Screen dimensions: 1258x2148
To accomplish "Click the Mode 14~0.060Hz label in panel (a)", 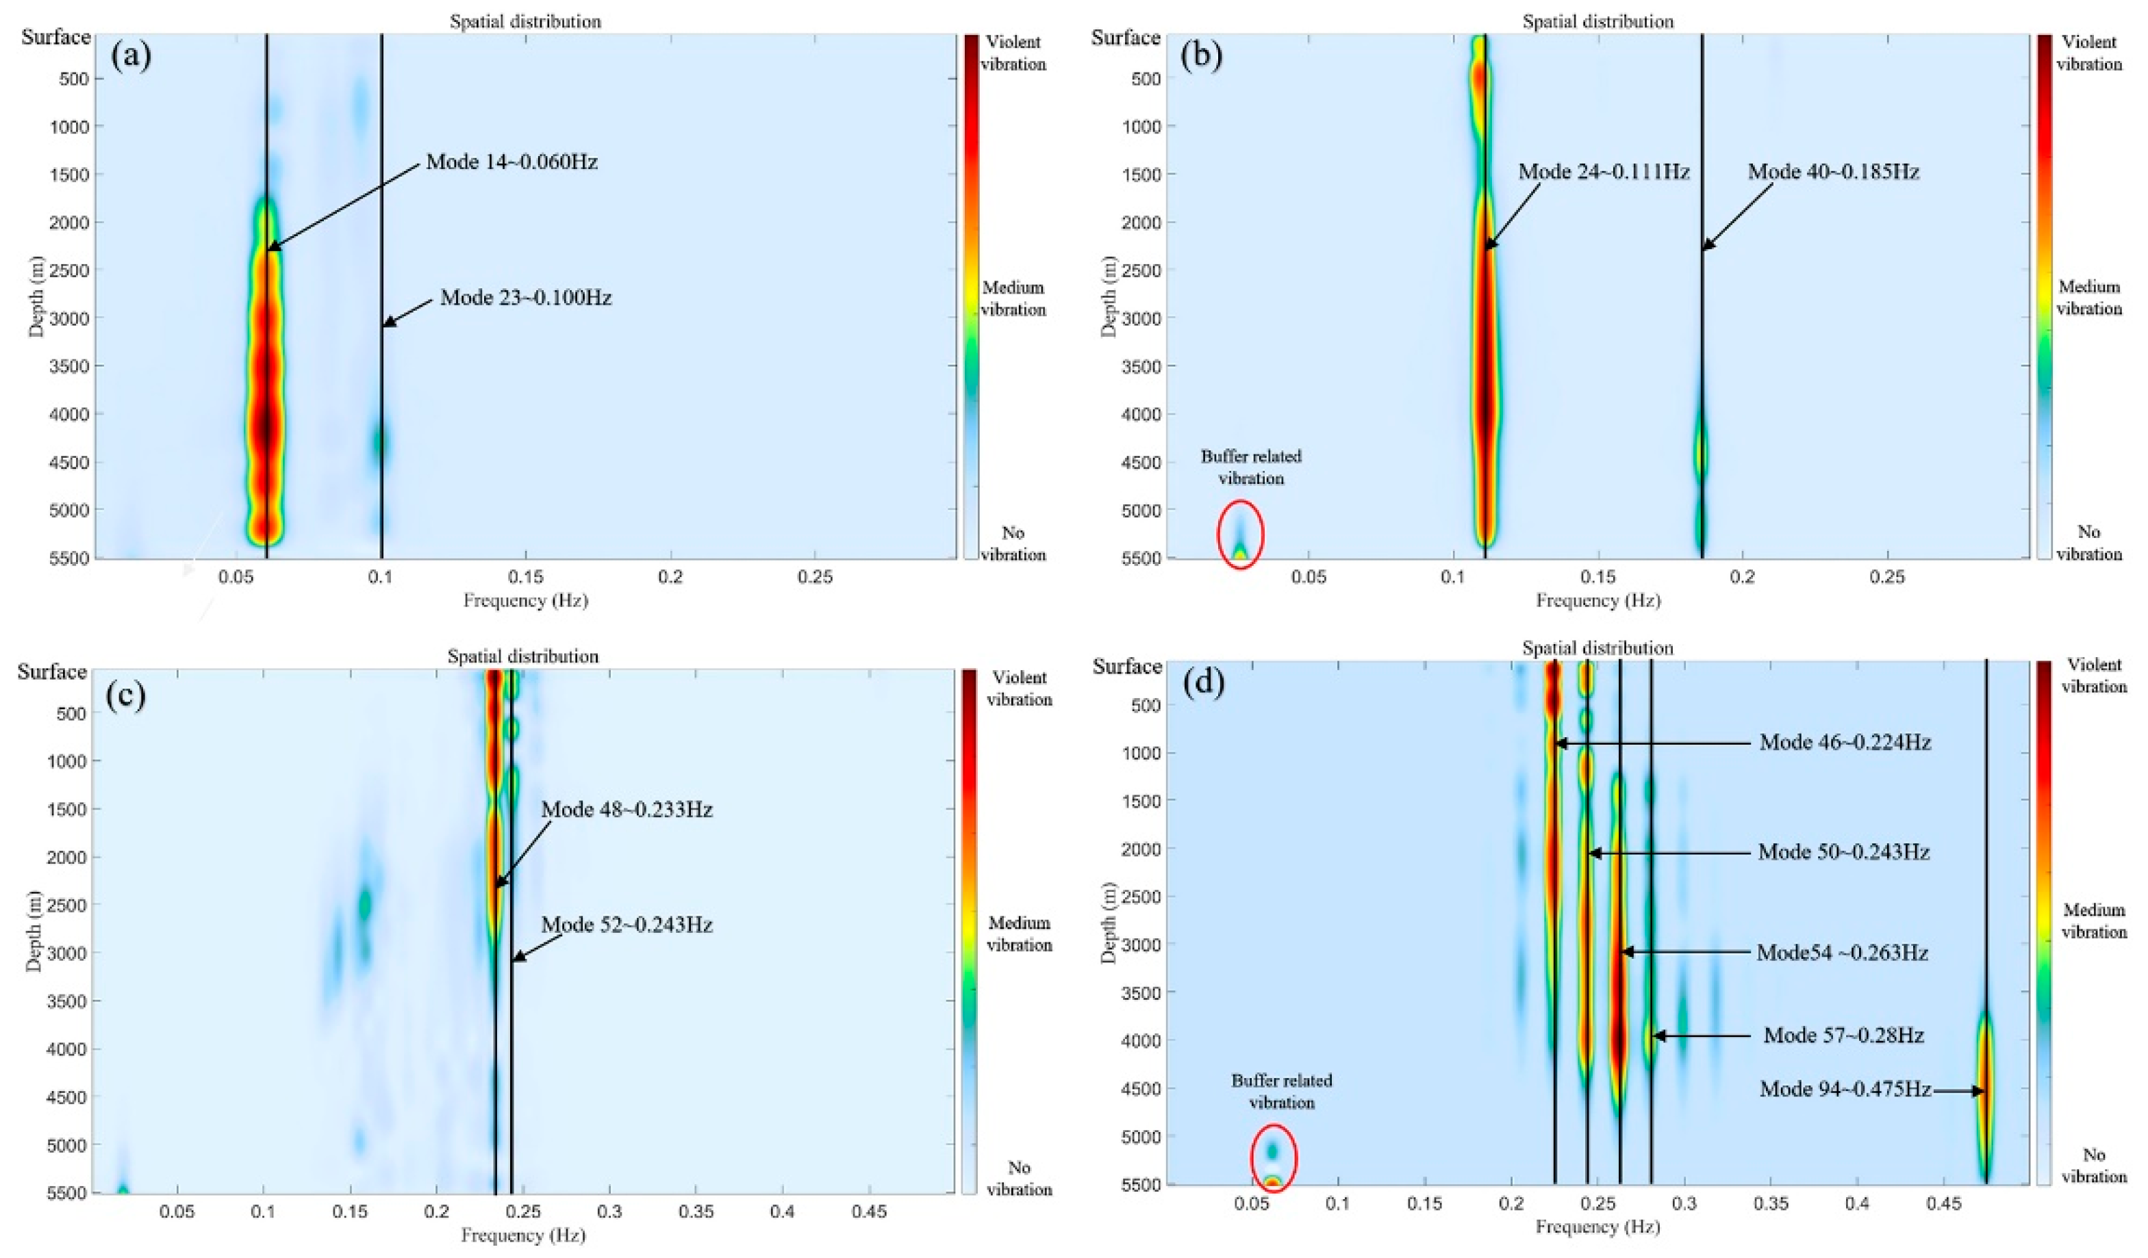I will [511, 162].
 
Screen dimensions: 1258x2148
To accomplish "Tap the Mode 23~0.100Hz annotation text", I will [526, 298].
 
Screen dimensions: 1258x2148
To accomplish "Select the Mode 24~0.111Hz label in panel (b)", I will [1604, 172].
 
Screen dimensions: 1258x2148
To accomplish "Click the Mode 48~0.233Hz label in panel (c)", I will [627, 809].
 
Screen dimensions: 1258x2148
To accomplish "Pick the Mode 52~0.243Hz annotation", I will [627, 925].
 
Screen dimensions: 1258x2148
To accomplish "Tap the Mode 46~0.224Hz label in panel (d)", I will [1845, 743].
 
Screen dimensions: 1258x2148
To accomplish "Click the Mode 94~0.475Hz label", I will [1845, 1089].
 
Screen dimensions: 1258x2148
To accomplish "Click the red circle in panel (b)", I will [1240, 535].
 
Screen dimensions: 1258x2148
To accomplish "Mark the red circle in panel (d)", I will [1274, 1157].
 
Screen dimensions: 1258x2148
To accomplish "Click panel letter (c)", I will [125, 695].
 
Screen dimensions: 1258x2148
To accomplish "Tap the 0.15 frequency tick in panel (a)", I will [526, 577].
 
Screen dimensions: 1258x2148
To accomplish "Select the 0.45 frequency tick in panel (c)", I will [868, 1211].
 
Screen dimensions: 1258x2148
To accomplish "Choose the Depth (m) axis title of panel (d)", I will [1108, 921].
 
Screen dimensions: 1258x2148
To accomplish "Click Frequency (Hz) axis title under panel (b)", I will [1598, 601].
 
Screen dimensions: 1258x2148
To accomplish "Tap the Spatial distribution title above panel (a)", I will [525, 22].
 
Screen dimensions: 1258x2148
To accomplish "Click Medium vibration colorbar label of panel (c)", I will [1019, 934].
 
